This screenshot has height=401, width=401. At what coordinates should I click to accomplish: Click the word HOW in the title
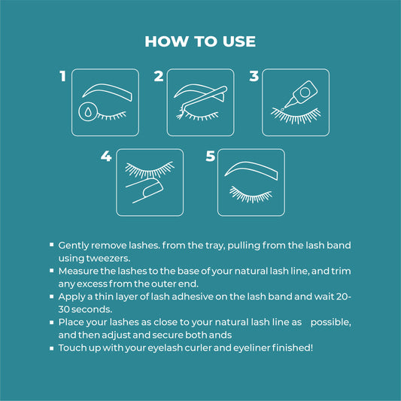coord(166,41)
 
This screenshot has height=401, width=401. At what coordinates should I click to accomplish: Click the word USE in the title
coord(239,41)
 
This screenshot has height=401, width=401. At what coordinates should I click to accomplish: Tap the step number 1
coord(63,76)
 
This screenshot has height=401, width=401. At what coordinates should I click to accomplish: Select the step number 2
coord(159,76)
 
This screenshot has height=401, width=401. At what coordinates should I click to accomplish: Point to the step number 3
coord(254,76)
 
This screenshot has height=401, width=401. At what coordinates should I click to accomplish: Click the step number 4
coord(106,156)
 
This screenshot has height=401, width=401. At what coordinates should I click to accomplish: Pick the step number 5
coord(211,156)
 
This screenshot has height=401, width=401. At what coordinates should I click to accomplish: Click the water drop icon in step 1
coord(88,111)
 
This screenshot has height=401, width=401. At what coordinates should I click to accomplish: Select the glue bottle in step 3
coord(302,94)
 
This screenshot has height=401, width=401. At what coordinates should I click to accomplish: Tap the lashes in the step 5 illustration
coord(251,195)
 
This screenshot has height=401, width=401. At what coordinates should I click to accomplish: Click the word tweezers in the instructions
coord(108,258)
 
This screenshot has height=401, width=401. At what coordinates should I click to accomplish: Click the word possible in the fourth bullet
coord(331,323)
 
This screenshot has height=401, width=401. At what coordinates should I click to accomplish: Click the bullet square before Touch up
coord(52,348)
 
